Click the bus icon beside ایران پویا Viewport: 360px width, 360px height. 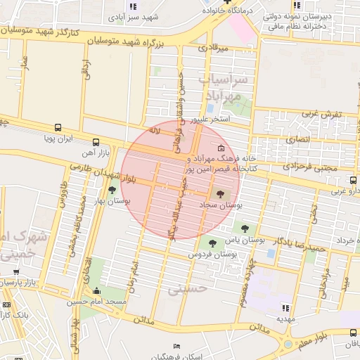coord(58,129)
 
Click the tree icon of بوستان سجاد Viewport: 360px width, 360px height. coord(221,193)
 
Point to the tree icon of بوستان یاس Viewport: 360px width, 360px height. coord(245,228)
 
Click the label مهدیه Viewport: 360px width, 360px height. coord(284,318)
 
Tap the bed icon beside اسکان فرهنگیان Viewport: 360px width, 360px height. coord(176,346)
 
